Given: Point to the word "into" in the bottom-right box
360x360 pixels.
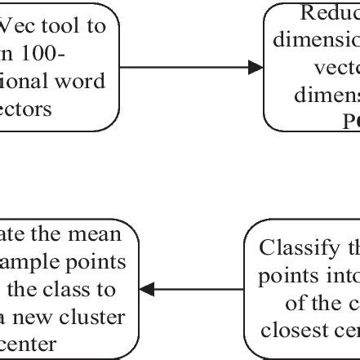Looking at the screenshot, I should [340, 275].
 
